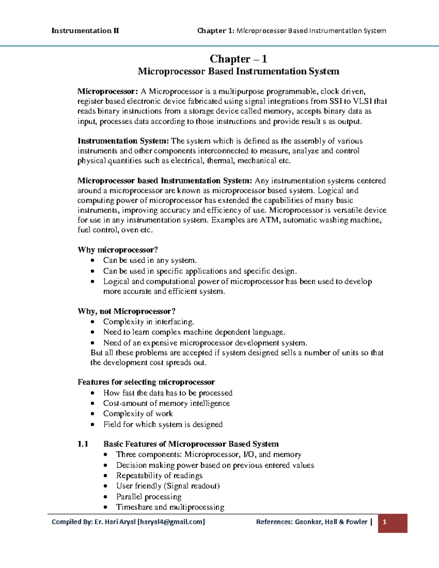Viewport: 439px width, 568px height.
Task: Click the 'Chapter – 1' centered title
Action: [x=238, y=59]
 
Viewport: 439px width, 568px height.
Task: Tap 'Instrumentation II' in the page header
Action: [x=85, y=31]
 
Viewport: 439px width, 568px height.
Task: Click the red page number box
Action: [x=392, y=523]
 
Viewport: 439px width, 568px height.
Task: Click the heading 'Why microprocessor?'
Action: [x=117, y=250]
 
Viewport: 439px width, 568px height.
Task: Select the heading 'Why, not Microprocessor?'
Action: [x=126, y=311]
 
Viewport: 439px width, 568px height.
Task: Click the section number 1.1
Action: [x=83, y=444]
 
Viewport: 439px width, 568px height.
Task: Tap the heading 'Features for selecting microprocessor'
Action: [x=146, y=382]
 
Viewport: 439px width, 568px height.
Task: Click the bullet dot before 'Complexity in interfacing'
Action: [x=93, y=322]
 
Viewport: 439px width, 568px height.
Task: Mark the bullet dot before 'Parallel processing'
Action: [x=106, y=497]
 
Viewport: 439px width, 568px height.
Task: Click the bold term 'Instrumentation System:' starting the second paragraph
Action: [x=123, y=141]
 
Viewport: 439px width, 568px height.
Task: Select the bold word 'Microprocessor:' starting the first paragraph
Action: [x=108, y=91]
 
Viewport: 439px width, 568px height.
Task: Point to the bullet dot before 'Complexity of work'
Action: [x=93, y=414]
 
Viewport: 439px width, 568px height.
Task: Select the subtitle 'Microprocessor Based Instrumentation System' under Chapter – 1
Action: [x=238, y=71]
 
